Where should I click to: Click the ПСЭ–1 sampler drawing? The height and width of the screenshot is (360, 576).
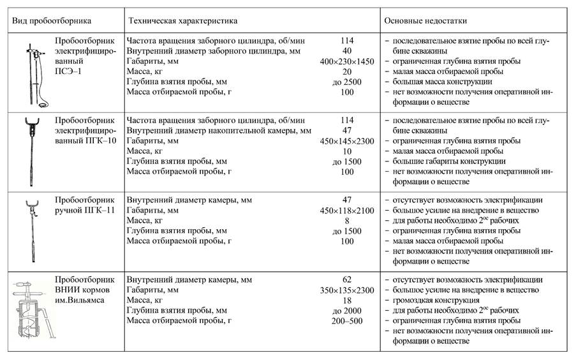click(30, 71)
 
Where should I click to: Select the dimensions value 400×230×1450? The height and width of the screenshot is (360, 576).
click(347, 61)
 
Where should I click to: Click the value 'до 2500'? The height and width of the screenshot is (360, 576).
click(347, 82)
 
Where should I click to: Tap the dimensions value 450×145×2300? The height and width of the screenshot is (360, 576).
click(347, 141)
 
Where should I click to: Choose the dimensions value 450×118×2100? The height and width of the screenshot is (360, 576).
click(347, 210)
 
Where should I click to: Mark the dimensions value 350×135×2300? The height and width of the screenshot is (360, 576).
click(347, 290)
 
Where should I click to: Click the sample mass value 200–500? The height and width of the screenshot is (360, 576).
click(347, 320)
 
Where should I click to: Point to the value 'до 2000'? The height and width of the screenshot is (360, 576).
click(347, 310)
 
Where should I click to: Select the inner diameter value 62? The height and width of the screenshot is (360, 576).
click(347, 280)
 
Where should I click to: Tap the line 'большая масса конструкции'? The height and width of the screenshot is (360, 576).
click(442, 82)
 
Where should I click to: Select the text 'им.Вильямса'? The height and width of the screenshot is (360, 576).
click(80, 300)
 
